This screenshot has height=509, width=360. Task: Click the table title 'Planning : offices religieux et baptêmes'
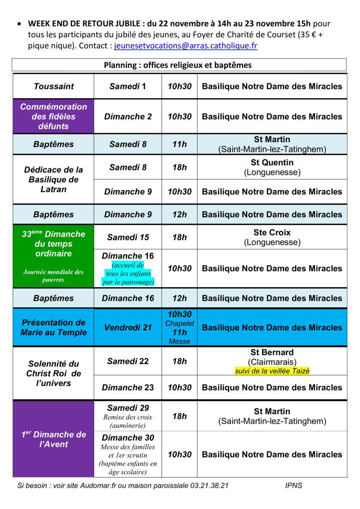coord(178,65)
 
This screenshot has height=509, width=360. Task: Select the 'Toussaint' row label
coord(53,87)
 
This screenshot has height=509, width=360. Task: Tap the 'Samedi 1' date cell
coord(127,87)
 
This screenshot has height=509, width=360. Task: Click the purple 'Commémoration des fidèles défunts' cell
coord(53,117)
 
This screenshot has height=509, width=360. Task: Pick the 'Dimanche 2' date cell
coord(127,117)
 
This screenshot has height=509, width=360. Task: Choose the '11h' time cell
coord(179,144)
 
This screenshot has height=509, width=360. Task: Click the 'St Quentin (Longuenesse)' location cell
coord(272,168)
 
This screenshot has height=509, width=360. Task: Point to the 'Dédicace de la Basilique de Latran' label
coord(53,179)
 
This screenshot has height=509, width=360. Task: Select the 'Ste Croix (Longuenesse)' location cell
coord(272,238)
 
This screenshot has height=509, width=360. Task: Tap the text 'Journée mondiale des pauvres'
coord(53,276)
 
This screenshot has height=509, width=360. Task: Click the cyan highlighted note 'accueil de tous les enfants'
coord(128,269)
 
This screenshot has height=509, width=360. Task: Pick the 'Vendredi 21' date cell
coord(127,327)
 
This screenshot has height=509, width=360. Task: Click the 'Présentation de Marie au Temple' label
coord(53,327)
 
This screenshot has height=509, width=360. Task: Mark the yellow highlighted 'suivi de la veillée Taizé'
coord(272,371)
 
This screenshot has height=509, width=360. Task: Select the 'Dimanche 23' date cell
coord(127,388)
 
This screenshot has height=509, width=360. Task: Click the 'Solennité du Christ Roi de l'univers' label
coord(53,374)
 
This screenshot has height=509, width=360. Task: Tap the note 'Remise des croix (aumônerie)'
coord(128,421)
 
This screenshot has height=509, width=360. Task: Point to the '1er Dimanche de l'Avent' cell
coord(53,439)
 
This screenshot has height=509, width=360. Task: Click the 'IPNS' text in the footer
coord(294,486)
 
